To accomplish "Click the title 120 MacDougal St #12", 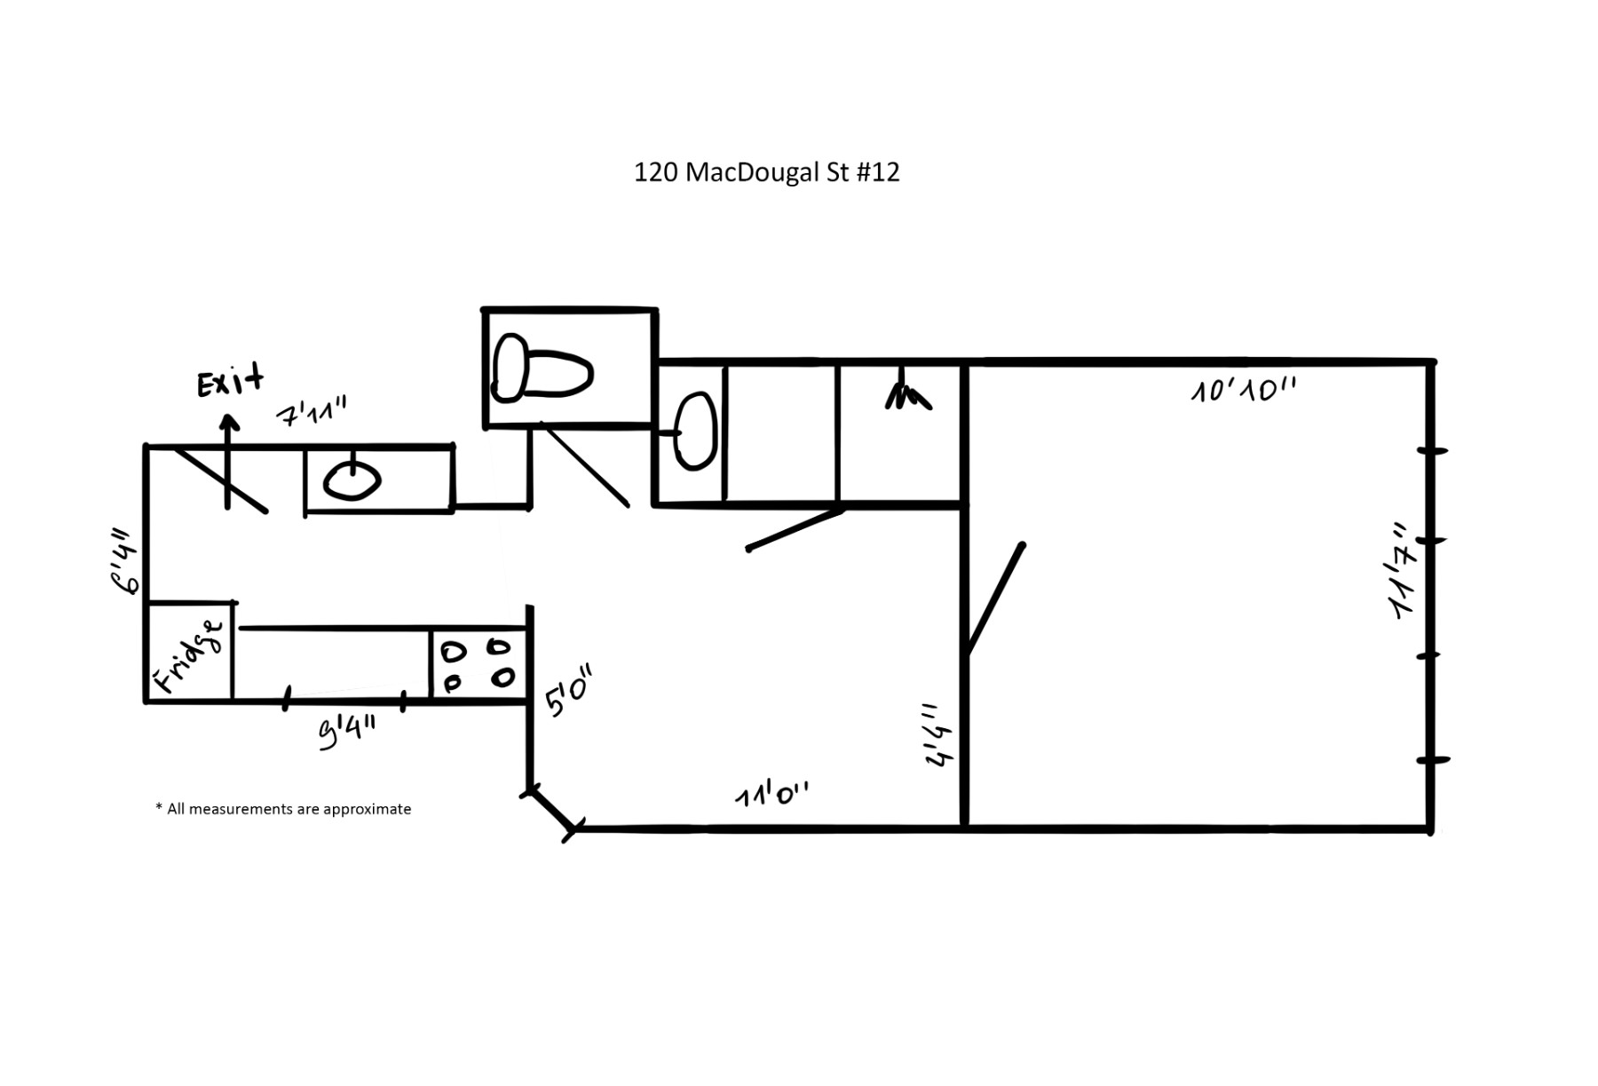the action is tap(766, 171).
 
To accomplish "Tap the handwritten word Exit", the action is tap(230, 381).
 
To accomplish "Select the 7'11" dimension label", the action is tap(312, 412).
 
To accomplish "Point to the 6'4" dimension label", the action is tap(124, 560).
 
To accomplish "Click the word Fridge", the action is tap(189, 656).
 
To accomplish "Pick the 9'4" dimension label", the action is tap(347, 733).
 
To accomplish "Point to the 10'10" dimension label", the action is tap(1243, 389).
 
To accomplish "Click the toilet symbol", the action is tap(542, 368).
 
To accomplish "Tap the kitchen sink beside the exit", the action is tap(352, 480).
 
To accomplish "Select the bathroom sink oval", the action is tap(695, 432).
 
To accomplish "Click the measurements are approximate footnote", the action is tap(283, 809).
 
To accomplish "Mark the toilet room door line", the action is tap(584, 466).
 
